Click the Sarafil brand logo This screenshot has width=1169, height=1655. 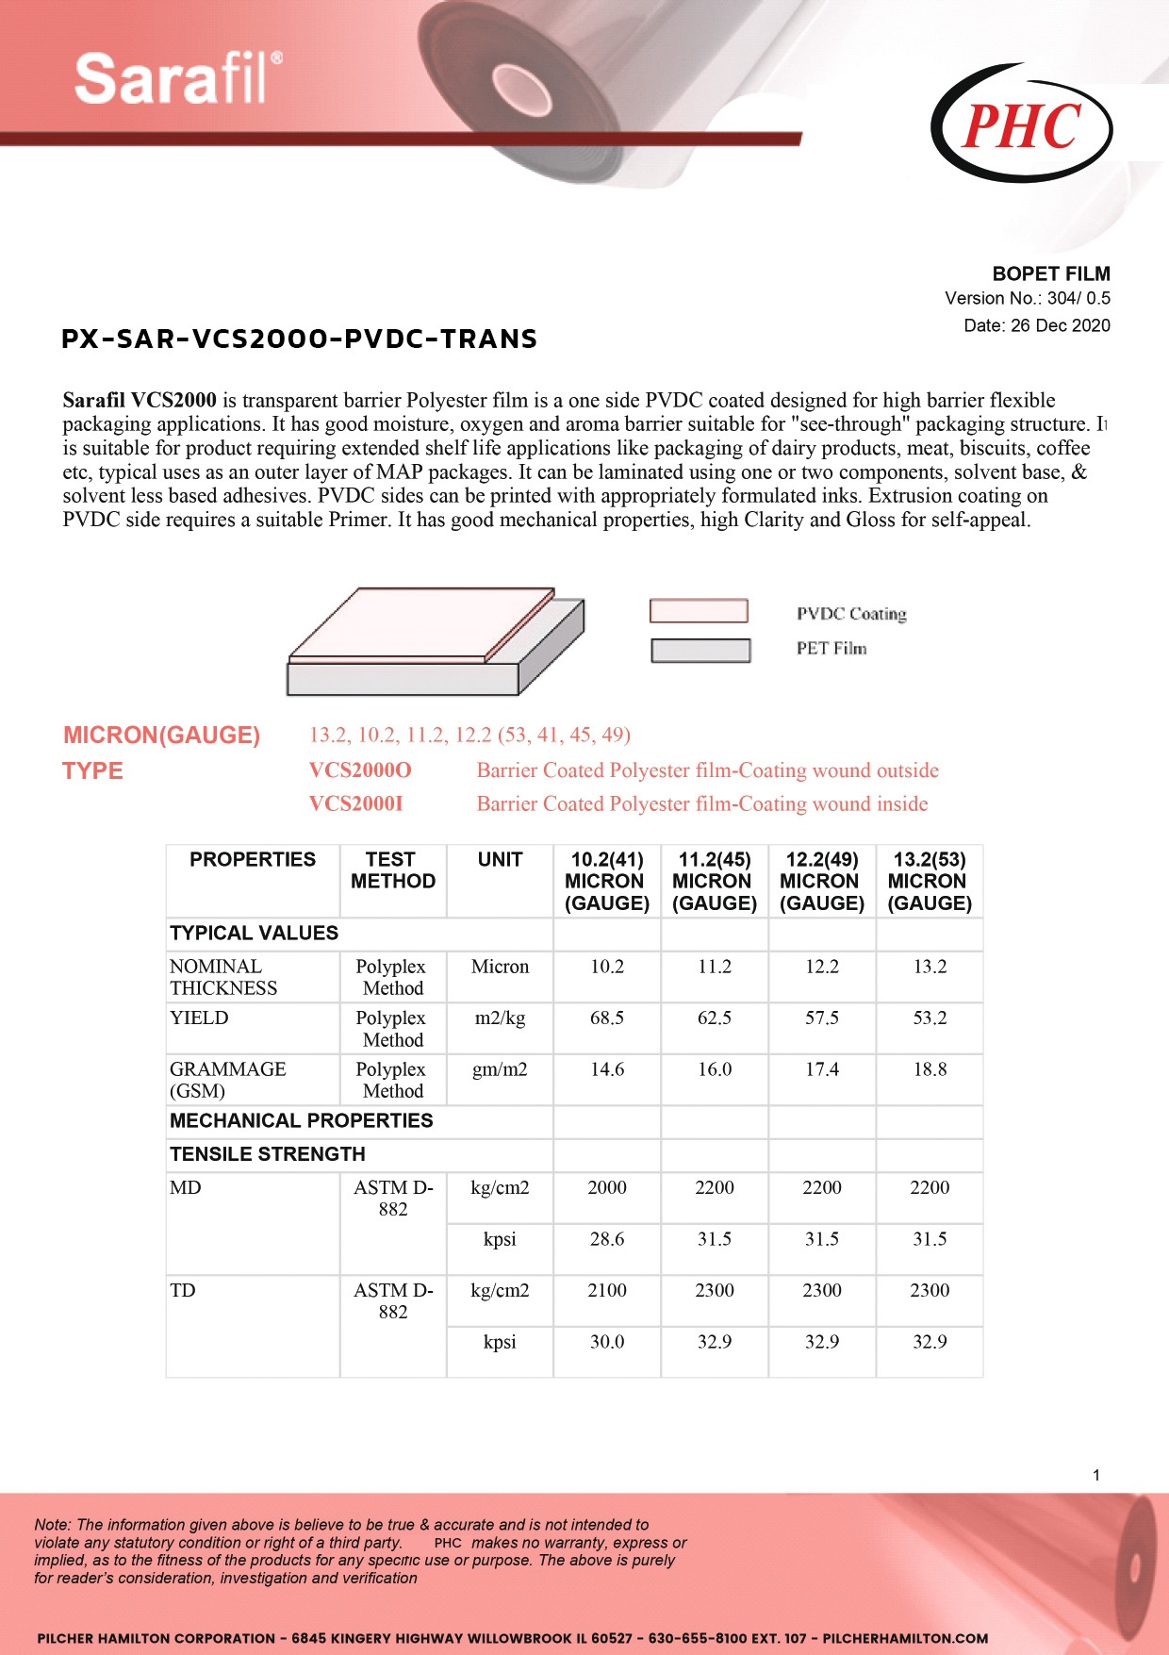(x=178, y=78)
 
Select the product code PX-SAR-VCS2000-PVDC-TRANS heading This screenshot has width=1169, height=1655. (x=299, y=339)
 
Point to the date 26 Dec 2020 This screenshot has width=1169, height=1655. (x=1036, y=325)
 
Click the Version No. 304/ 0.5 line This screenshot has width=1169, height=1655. (x=1027, y=298)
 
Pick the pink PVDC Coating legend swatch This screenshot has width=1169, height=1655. (x=699, y=611)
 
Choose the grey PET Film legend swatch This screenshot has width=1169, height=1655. (x=700, y=650)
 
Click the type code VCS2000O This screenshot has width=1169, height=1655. (x=360, y=770)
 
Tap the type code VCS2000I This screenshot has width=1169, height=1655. (x=355, y=803)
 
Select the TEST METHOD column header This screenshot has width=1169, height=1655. (x=392, y=870)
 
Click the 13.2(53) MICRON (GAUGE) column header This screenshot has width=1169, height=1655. (x=930, y=881)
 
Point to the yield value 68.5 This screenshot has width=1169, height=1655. (x=607, y=1018)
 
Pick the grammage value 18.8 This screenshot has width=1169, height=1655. (x=930, y=1069)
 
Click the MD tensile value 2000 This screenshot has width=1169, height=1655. (x=607, y=1187)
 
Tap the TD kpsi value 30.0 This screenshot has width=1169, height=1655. (x=607, y=1342)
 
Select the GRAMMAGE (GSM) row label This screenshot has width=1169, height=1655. (x=227, y=1080)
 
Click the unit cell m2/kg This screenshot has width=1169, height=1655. (x=500, y=1018)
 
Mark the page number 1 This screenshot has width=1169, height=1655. (x=1096, y=1475)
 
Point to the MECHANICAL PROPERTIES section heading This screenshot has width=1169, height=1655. (x=301, y=1120)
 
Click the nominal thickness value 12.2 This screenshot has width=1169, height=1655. (x=822, y=967)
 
